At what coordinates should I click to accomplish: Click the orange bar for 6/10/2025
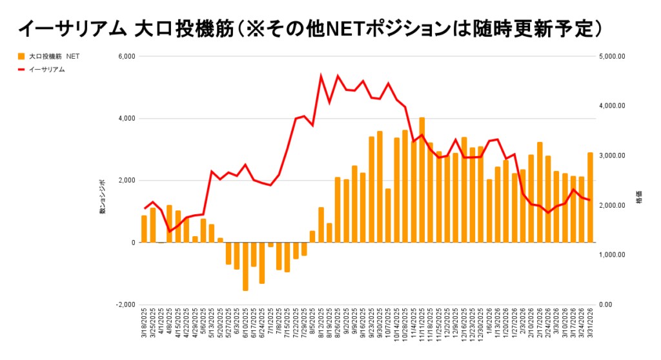tap(245, 266)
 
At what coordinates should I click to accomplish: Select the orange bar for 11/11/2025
tap(422, 180)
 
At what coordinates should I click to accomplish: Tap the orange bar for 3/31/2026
tap(590, 197)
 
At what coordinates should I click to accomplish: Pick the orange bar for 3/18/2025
tap(144, 229)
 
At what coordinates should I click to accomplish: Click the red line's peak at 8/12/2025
tap(321, 76)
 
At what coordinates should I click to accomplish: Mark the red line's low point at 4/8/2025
tap(170, 232)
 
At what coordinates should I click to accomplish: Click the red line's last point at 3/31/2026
tap(590, 200)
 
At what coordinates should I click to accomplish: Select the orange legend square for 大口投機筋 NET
tap(22, 57)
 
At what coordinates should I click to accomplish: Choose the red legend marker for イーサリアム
tap(22, 70)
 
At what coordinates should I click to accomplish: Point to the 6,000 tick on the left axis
tap(125, 57)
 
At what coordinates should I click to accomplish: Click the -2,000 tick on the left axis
tap(124, 305)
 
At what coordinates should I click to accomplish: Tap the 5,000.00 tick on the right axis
tap(613, 57)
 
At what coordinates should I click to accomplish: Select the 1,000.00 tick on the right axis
tap(613, 255)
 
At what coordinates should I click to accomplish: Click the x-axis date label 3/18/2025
tap(145, 326)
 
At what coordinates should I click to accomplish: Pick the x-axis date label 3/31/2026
tap(591, 326)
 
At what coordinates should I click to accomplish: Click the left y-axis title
tap(102, 201)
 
